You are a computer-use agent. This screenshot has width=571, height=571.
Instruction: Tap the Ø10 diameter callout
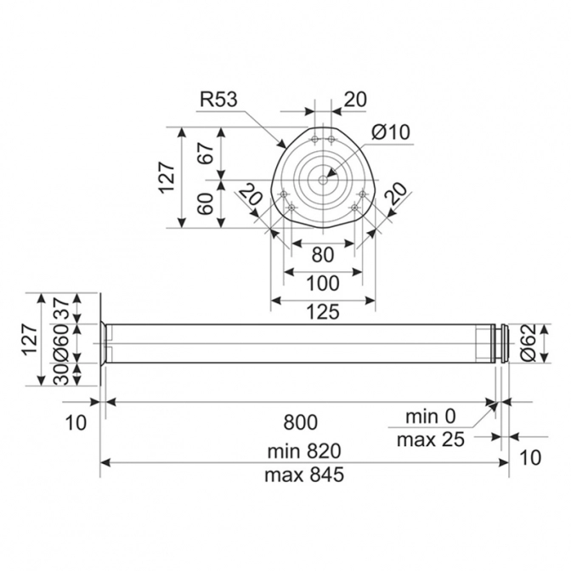point(390,132)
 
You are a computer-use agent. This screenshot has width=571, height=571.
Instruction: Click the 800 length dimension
point(300,421)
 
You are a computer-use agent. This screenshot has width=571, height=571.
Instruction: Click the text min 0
point(431,417)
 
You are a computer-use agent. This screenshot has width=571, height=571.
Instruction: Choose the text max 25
point(431,440)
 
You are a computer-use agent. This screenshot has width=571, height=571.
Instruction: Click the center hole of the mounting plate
point(324,178)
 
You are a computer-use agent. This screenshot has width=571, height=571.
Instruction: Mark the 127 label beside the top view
point(167,178)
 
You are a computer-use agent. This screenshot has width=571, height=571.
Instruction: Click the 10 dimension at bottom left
point(76,422)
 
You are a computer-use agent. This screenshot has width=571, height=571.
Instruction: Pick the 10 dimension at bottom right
point(529,458)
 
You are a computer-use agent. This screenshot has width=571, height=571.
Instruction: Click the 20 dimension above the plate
point(355,99)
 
